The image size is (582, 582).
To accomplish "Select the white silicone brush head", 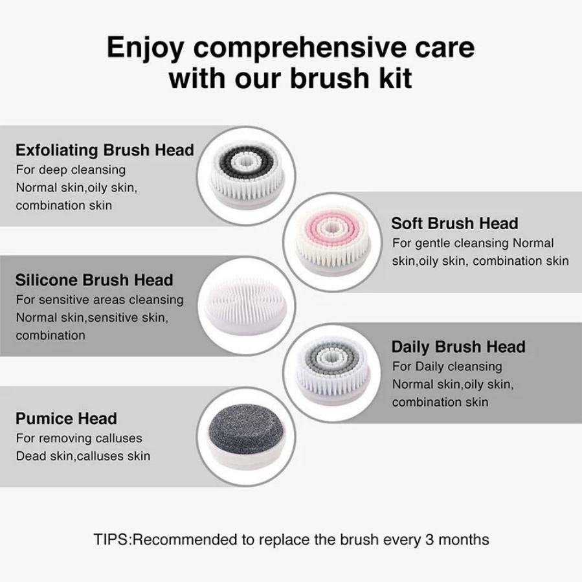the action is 246,306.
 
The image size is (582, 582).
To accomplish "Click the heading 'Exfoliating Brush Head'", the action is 105,150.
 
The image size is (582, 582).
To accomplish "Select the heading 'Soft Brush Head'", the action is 454,223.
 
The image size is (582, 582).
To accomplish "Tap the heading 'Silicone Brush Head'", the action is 95,280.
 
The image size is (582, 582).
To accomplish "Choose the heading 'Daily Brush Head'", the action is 458,347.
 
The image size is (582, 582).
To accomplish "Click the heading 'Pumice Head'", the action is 67,419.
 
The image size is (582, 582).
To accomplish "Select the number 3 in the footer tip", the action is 429,540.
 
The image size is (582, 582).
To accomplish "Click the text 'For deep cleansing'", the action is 71,170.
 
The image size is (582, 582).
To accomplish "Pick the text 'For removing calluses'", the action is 79,438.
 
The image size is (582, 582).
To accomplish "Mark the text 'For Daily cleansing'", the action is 447,366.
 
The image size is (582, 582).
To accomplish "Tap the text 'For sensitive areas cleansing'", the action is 100,300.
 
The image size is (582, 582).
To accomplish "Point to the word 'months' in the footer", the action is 464,540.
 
